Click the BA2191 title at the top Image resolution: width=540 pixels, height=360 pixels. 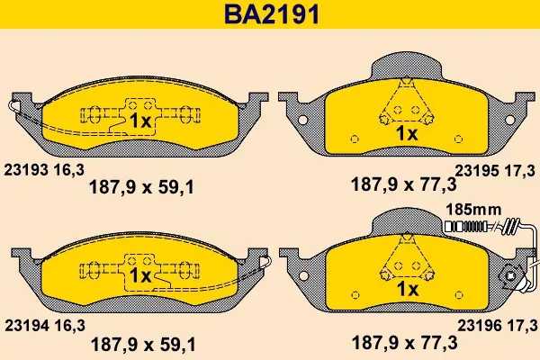point(272,14)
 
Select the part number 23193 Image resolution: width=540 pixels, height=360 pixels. point(25,170)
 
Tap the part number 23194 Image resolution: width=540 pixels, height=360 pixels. point(26,326)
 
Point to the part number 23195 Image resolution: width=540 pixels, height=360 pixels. point(477,171)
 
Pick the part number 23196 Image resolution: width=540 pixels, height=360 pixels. point(479,325)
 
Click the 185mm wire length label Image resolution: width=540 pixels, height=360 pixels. point(473,210)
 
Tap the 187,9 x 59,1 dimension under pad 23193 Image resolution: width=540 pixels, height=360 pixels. point(142,187)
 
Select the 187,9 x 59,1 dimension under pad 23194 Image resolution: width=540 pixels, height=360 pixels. point(143,344)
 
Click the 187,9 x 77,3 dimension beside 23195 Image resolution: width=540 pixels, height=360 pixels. point(403,184)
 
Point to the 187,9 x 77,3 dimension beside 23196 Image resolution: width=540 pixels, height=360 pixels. point(404,343)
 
